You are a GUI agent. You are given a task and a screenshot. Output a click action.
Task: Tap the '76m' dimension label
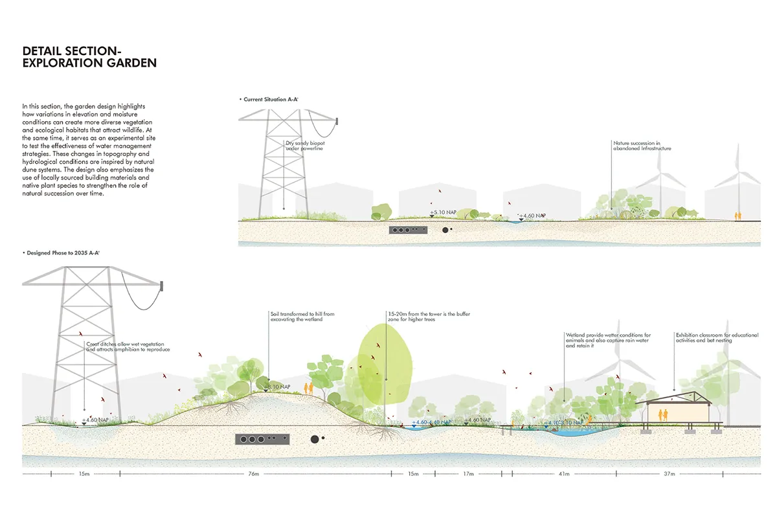pyautogui.click(x=253, y=475)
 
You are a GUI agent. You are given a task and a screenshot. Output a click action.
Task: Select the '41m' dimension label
pyautogui.click(x=564, y=475)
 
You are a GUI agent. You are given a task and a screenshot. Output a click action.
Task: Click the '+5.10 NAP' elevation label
pyautogui.click(x=444, y=212)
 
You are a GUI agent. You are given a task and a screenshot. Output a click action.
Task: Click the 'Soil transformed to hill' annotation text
pyautogui.click(x=302, y=317)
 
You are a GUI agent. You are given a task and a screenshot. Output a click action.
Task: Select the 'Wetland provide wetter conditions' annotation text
pyautogui.click(x=607, y=340)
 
